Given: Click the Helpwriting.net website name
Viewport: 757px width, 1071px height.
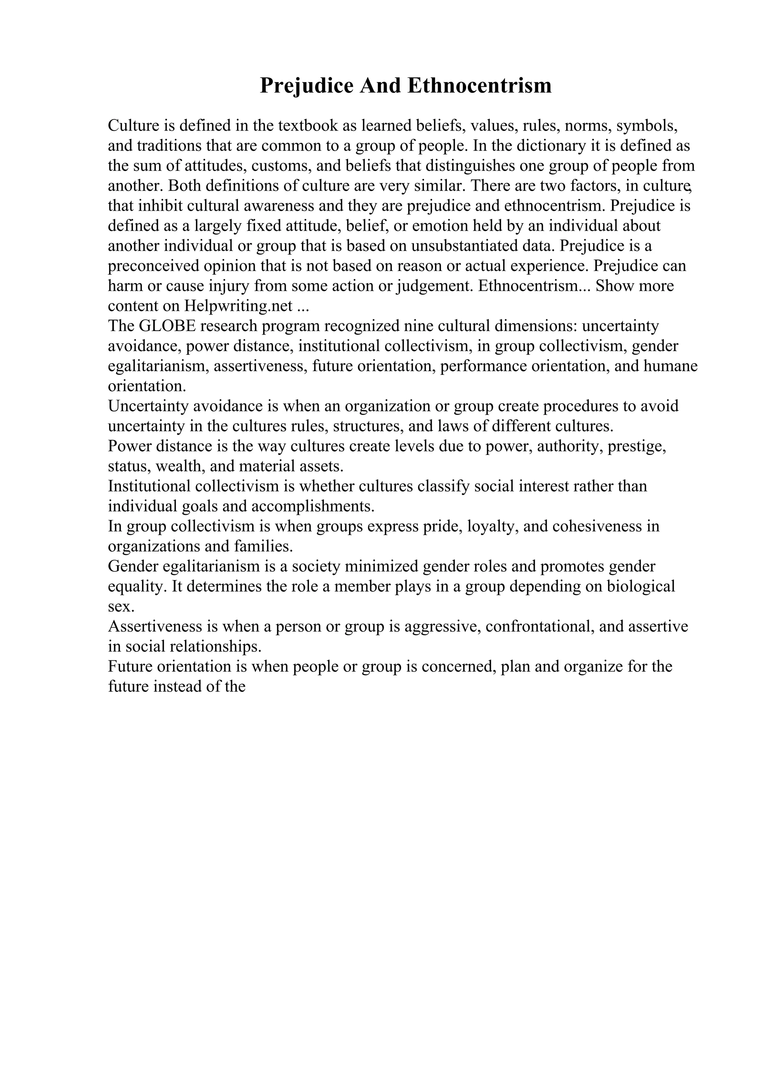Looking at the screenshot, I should (x=238, y=306).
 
